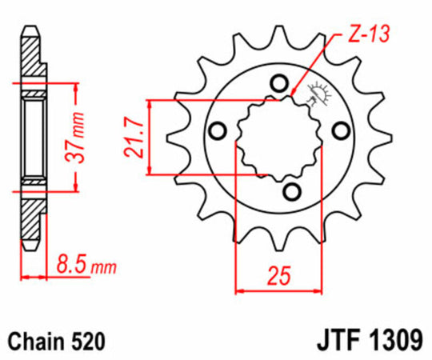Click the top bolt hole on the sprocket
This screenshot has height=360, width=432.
tap(278, 82)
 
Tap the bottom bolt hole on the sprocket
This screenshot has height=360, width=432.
tap(292, 190)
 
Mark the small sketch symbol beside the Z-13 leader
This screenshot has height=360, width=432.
tap(317, 93)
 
